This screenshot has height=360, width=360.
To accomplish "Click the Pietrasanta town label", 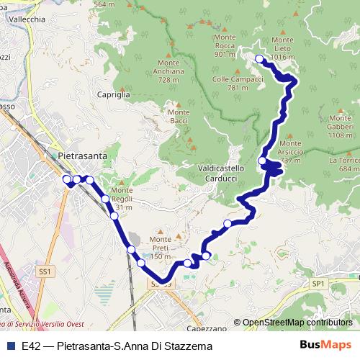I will [83, 155].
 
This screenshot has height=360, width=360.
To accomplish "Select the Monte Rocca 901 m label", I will [225, 49].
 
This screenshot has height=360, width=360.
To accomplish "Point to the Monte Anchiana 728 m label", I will [163, 71].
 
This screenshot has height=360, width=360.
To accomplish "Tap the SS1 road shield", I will [45, 271].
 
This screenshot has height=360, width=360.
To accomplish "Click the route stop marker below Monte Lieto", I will [259, 58].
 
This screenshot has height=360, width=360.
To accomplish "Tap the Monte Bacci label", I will [178, 117].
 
